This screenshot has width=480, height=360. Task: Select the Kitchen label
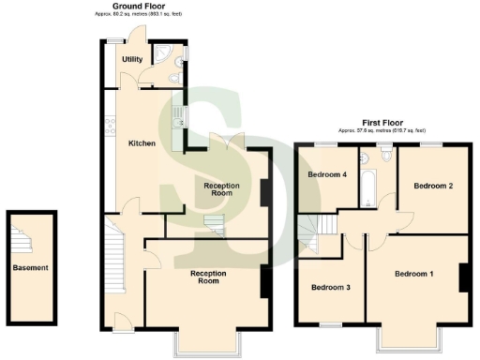point(142,142)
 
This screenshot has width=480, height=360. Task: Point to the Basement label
point(30,268)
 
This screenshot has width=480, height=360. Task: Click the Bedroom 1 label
point(413,274)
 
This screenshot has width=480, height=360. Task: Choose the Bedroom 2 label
point(434,186)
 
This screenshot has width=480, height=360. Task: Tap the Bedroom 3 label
point(330,287)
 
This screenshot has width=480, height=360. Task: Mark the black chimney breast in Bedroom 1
point(462,278)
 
